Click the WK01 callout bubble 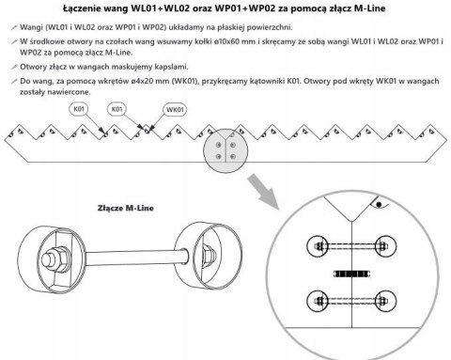[175, 110]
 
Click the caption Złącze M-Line [126, 208]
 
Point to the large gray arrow [263, 191]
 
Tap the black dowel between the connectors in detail [351, 274]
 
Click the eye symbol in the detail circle [379, 204]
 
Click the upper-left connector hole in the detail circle [317, 246]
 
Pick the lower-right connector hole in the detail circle [386, 301]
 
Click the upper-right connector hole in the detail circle [386, 246]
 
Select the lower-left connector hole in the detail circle [317, 301]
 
